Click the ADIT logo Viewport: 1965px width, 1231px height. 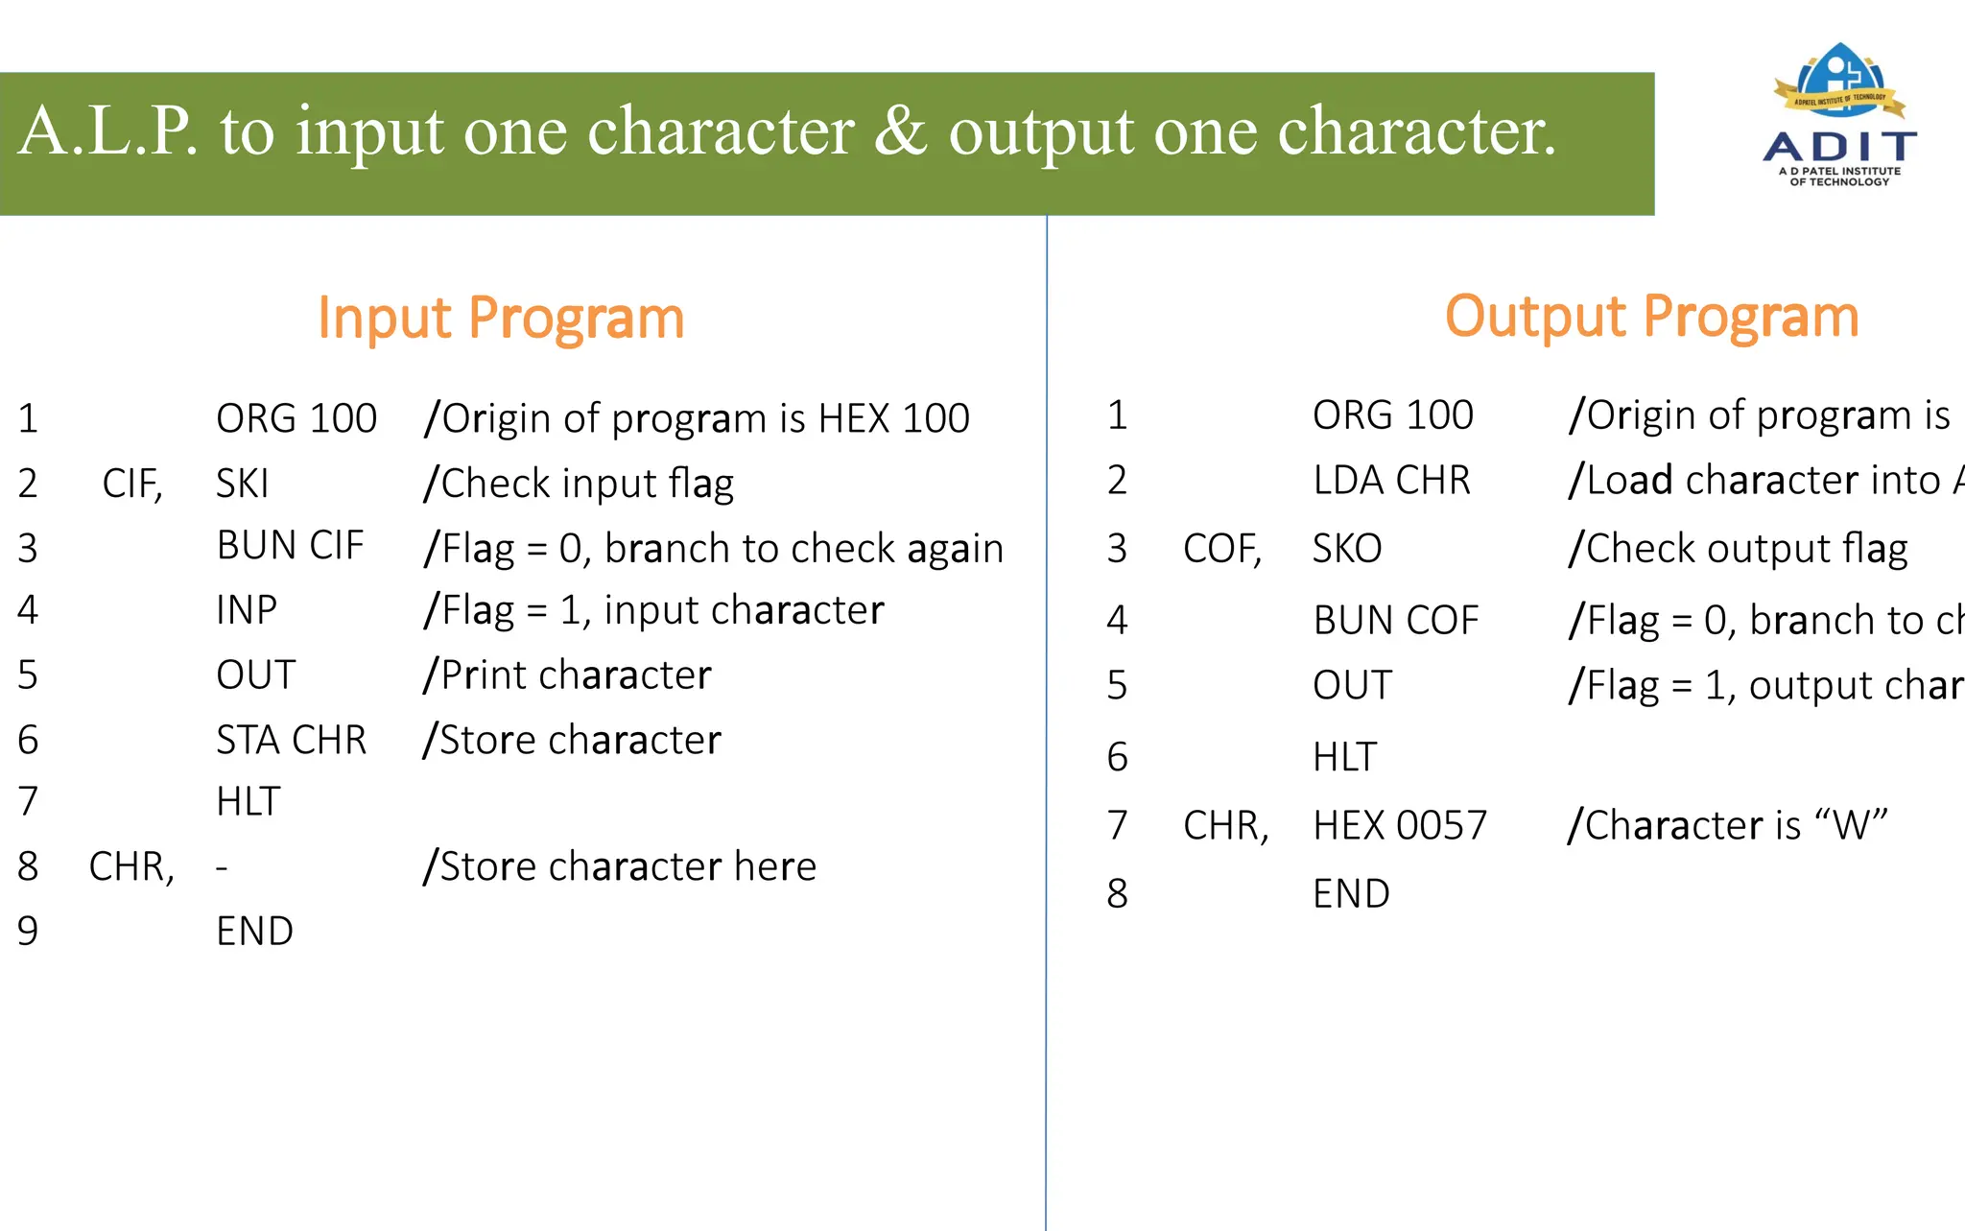(x=1840, y=115)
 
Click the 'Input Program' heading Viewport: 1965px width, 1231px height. (x=501, y=319)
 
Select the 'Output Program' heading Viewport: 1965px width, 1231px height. (x=1651, y=317)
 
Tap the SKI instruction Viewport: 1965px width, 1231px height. (x=242, y=484)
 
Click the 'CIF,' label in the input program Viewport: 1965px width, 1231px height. (x=132, y=484)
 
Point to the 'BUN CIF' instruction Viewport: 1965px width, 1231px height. (x=290, y=546)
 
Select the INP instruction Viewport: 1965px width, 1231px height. (x=247, y=610)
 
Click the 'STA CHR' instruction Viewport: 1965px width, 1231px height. (x=291, y=741)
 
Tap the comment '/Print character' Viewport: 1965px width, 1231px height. (x=567, y=675)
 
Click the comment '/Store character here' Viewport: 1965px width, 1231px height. (x=620, y=866)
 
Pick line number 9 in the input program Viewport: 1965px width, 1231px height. (x=28, y=932)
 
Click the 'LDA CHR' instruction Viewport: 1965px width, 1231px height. (x=1391, y=480)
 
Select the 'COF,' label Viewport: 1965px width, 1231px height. (x=1222, y=549)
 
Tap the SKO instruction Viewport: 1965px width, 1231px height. (x=1347, y=549)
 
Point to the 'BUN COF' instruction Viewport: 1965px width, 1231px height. (x=1396, y=621)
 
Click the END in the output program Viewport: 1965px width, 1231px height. (x=1351, y=894)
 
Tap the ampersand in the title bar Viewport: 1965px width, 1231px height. (x=900, y=131)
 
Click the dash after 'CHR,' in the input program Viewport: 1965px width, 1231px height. (x=222, y=868)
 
